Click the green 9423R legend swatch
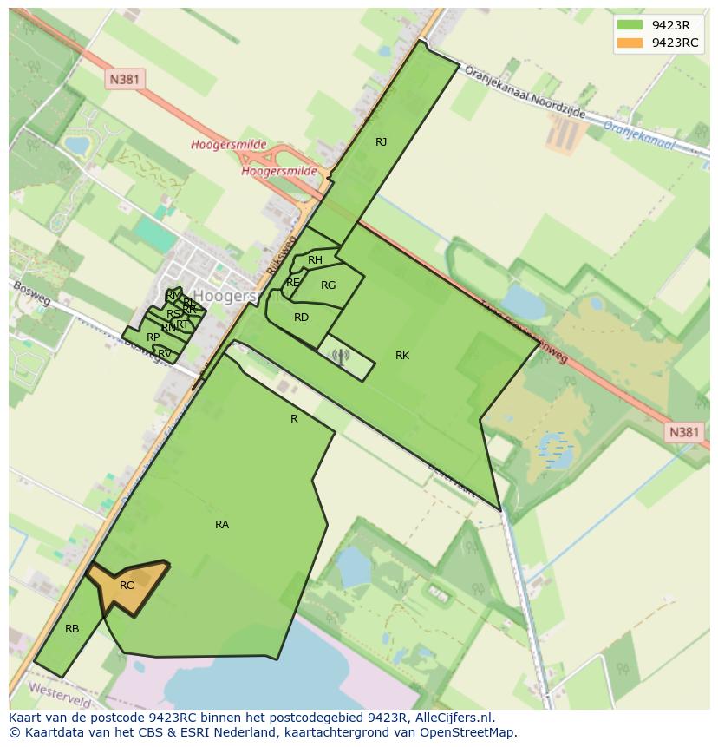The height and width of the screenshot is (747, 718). [x=630, y=25]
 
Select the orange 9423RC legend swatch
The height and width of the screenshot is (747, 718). [x=630, y=43]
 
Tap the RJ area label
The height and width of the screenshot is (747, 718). [x=381, y=141]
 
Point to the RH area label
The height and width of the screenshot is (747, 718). [x=315, y=260]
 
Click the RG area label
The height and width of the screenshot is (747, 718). [x=328, y=285]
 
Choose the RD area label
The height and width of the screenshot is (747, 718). [x=301, y=318]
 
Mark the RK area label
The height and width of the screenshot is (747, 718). [x=402, y=356]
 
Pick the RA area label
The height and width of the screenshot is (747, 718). [x=222, y=525]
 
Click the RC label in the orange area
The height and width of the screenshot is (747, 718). [x=127, y=586]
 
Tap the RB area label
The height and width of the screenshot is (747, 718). [x=72, y=629]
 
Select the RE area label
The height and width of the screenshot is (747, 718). [x=292, y=283]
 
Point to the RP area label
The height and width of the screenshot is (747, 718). [x=153, y=337]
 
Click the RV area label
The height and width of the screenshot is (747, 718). [x=164, y=353]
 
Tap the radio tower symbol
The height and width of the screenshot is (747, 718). [x=339, y=356]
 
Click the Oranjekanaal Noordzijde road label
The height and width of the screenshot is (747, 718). [x=525, y=94]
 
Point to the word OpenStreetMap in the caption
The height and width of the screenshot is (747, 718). [x=473, y=732]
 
